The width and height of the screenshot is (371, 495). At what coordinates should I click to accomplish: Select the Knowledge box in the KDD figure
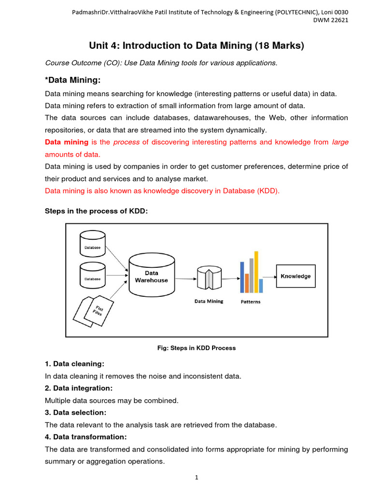click(295, 277)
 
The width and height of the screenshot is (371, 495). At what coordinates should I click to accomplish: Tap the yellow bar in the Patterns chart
click(256, 272)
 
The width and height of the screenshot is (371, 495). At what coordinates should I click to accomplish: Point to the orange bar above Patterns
click(247, 283)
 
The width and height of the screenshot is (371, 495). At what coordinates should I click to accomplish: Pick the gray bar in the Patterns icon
click(251, 275)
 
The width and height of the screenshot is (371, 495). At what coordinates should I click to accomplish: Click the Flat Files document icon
click(94, 309)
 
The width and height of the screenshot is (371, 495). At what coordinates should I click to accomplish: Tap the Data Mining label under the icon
click(209, 301)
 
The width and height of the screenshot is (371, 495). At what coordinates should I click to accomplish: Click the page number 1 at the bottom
click(197, 478)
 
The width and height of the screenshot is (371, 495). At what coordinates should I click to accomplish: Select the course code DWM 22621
click(330, 20)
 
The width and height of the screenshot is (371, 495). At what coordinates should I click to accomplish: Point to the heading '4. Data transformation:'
click(86, 437)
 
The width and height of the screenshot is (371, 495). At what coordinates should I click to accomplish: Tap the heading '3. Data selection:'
click(75, 412)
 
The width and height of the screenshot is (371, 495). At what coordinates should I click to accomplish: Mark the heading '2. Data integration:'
click(78, 388)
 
